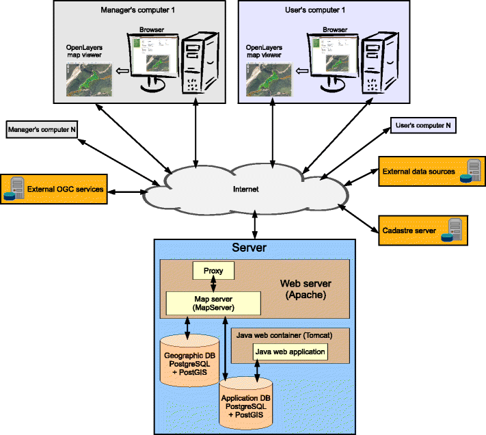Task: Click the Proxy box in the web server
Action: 213,272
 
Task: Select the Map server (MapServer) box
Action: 214,302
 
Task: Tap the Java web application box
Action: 289,352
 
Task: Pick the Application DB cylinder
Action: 245,404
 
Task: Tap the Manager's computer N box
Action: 41,128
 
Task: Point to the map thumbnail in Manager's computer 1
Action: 90,79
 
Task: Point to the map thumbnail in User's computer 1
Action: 268,79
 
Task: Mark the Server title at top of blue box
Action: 249,248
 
